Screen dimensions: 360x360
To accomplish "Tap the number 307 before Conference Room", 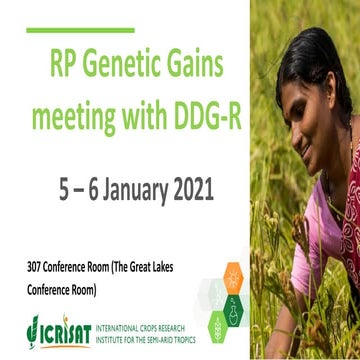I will (x=37, y=269).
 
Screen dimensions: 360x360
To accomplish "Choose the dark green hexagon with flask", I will (x=234, y=308).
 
